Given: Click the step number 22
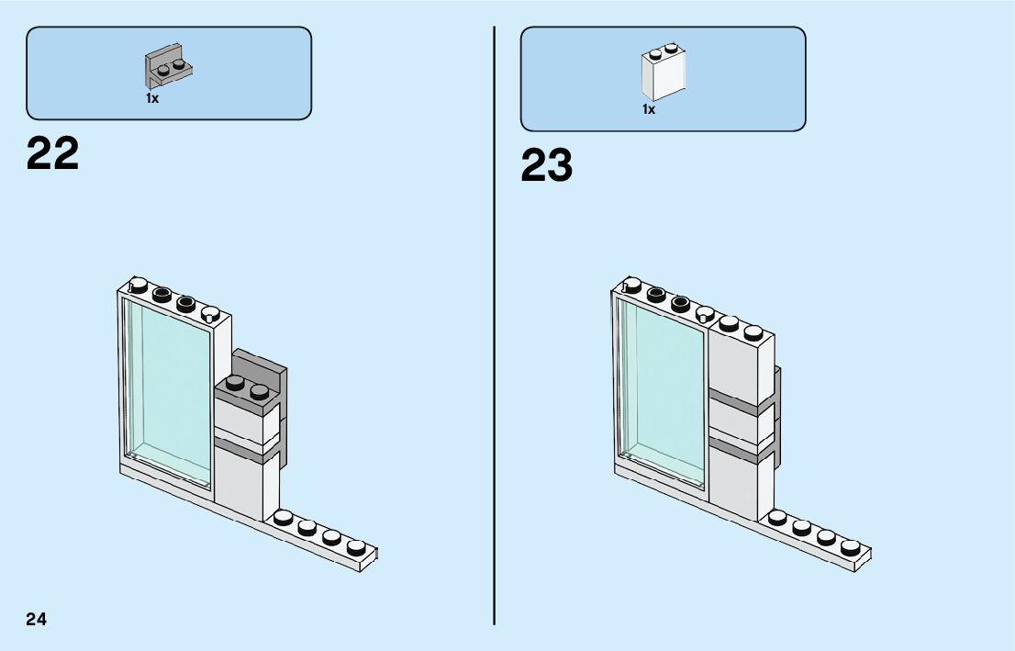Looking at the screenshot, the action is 52,154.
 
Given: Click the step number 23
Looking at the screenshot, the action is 546,166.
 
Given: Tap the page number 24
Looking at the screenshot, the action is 36,619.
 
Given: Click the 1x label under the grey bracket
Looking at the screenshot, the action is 152,98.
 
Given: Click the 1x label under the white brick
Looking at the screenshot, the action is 649,109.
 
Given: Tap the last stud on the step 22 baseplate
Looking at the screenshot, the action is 356,547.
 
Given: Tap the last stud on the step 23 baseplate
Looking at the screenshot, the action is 850,547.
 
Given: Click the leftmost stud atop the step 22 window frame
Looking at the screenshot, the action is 139,285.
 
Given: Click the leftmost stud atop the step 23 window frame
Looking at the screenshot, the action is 632,285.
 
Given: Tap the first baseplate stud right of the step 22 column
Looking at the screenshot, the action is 284,519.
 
